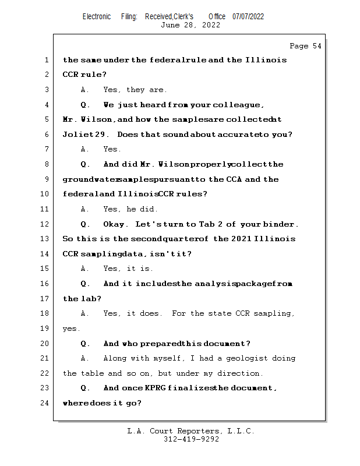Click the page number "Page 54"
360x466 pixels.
tap(305, 46)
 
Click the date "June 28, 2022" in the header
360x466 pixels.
tap(190, 25)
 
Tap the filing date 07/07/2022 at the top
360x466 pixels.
tap(248, 16)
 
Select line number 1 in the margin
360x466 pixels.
tap(47, 60)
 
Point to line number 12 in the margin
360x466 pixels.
tap(44, 224)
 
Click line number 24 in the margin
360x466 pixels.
tap(44, 403)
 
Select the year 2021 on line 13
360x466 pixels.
tap(242, 239)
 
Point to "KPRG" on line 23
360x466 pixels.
tap(151, 388)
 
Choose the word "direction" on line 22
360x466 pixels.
tap(239, 373)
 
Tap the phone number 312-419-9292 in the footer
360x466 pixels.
tap(191, 439)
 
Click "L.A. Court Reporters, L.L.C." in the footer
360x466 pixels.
tap(191, 431)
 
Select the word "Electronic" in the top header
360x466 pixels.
tap(97, 16)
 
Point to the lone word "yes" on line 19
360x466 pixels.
tap(70, 329)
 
